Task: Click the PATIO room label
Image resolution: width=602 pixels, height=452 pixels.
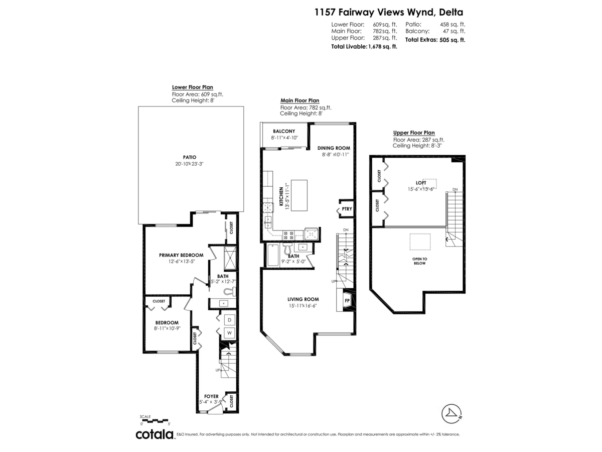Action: pos(190,157)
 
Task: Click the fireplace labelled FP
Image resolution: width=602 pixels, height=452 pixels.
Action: pos(347,300)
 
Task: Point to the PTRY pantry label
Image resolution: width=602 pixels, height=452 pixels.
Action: pos(347,209)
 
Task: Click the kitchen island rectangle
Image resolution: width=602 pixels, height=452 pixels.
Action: pos(299,195)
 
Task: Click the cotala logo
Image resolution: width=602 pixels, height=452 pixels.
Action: pos(155,434)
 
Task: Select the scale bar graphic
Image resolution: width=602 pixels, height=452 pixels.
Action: pos(154,420)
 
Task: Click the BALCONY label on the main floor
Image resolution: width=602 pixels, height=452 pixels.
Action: pos(284,131)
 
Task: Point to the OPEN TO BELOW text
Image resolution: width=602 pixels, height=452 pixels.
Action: pos(419,261)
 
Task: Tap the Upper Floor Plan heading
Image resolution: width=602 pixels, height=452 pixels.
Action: pos(414,133)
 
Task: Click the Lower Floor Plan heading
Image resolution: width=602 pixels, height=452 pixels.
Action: pos(193,87)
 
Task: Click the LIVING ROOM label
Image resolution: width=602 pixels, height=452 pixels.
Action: pos(303,299)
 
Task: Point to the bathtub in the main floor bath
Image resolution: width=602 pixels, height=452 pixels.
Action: pos(273,255)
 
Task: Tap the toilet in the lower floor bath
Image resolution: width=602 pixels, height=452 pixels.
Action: pos(230,291)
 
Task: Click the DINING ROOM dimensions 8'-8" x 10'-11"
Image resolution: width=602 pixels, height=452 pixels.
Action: pos(335,155)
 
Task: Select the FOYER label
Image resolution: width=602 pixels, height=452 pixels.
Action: pos(211,397)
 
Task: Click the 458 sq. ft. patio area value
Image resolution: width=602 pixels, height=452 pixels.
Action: pos(453,25)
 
